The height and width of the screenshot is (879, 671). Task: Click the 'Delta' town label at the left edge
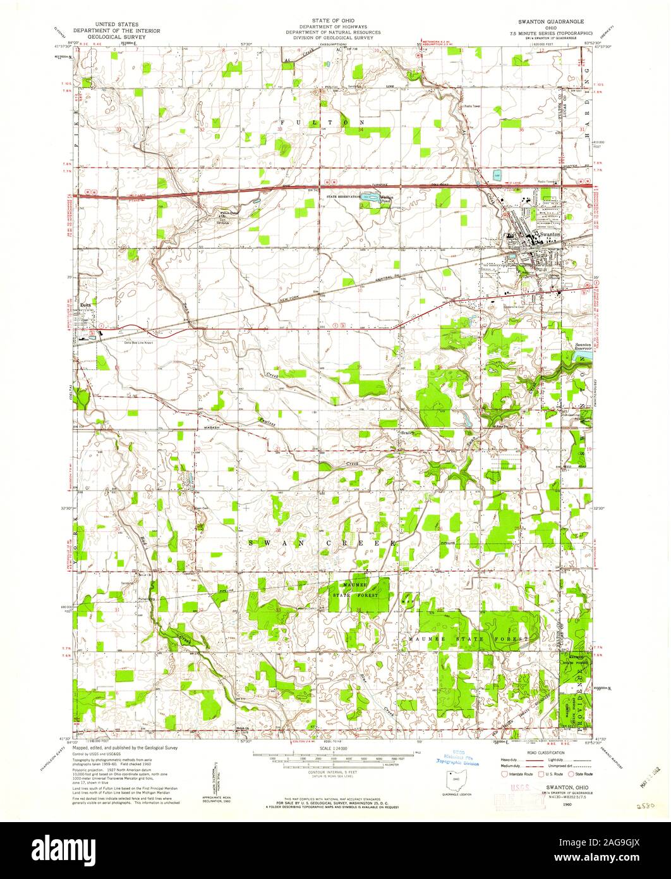click(87, 303)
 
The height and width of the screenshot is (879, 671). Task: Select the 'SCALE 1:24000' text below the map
click(335, 749)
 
